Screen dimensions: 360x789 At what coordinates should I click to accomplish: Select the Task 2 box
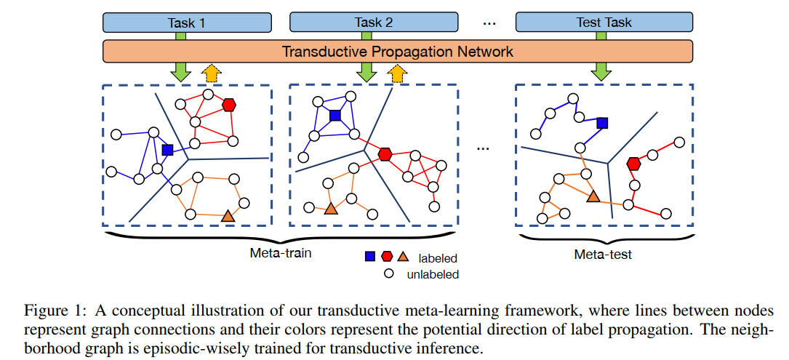point(374,23)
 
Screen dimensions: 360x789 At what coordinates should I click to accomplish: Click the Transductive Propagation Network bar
point(397,52)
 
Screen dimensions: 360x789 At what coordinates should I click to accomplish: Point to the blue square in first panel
point(168,149)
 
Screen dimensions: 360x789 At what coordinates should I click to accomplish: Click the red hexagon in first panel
point(230,105)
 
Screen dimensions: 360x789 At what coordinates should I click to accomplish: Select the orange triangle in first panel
point(228,216)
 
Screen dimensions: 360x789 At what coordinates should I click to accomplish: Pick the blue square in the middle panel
point(335,115)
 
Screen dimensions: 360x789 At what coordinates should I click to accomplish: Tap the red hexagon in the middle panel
point(385,154)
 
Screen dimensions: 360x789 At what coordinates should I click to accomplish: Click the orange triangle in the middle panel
point(331,209)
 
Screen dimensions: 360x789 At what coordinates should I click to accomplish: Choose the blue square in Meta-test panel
point(602,123)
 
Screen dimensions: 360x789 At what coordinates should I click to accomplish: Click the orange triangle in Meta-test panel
point(593,196)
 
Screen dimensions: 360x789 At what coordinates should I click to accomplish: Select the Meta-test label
point(603,254)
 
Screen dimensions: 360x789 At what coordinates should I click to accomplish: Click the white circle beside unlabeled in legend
point(389,273)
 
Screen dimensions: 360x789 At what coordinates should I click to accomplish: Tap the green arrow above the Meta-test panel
point(601,71)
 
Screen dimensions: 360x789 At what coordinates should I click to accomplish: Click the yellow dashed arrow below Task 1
point(212,72)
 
